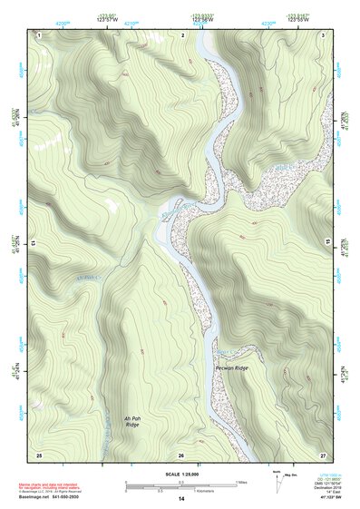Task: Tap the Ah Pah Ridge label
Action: [132, 421]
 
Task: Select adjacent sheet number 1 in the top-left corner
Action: [40, 34]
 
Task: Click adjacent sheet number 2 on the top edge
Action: [182, 34]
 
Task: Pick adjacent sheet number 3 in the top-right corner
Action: [324, 34]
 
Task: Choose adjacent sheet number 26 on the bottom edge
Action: [181, 455]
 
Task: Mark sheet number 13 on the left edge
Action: [34, 244]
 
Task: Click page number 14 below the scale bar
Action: [181, 499]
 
